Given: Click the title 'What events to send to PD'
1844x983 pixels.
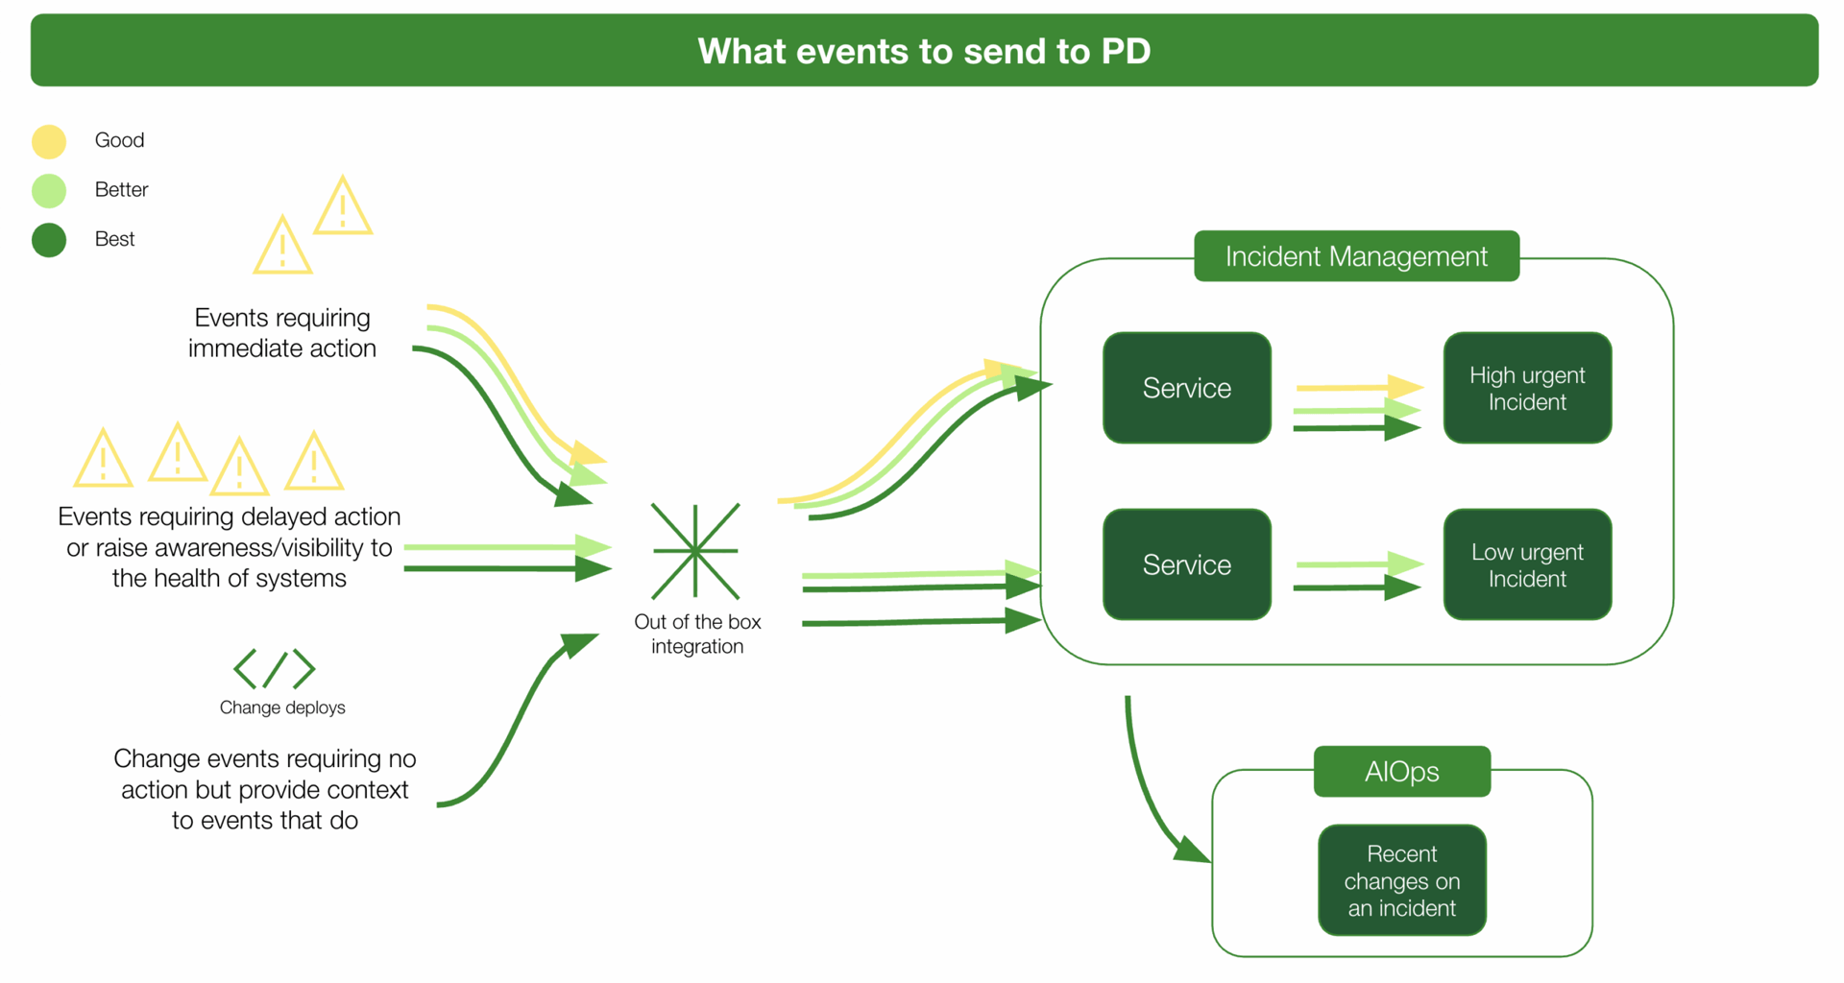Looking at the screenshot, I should point(923,51).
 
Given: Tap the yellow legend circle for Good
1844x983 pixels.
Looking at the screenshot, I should point(49,141).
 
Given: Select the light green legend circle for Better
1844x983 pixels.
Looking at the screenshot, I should point(49,190).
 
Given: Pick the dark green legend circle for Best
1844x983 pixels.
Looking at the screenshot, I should point(49,240).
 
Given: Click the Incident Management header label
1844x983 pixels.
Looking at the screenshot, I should point(1355,256).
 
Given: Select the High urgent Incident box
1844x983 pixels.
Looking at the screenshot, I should point(1526,388).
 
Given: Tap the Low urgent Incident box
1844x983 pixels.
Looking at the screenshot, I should point(1526,564).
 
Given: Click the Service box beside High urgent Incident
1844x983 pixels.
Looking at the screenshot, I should point(1186,388).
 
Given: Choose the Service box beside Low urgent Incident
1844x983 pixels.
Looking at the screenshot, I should point(1186,564).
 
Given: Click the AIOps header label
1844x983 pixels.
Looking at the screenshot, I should point(1401,772).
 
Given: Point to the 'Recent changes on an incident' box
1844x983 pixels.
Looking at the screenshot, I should point(1401,880).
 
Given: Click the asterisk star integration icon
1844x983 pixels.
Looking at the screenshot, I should point(695,551).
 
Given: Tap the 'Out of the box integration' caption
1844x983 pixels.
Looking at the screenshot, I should point(697,634).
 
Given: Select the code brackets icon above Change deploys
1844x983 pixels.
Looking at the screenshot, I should point(275,669).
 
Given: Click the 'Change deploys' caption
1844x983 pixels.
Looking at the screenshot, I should point(282,707).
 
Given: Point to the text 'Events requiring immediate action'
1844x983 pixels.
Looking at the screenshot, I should point(281,333).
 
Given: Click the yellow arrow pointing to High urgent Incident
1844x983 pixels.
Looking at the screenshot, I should point(1354,387).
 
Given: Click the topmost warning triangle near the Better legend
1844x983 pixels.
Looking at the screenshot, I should point(343,207).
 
